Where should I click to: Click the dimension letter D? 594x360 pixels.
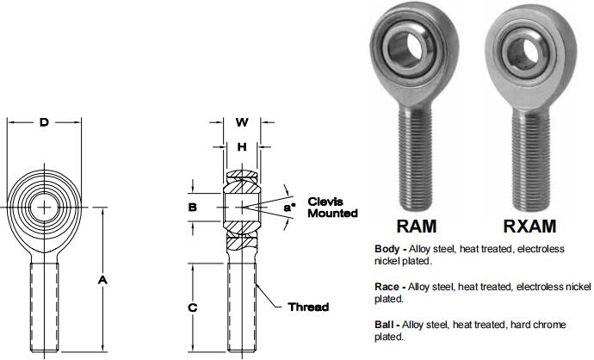click(x=44, y=122)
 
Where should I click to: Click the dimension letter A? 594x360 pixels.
click(x=102, y=281)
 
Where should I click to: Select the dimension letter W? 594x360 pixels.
click(x=242, y=122)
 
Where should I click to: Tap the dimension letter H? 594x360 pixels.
click(x=242, y=146)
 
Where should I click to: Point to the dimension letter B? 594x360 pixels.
click(x=193, y=208)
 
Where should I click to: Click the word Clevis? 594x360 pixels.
click(x=325, y=201)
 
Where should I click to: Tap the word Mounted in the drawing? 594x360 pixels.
click(x=331, y=213)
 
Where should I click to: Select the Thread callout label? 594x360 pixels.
click(x=307, y=307)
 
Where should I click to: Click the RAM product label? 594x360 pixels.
click(x=416, y=227)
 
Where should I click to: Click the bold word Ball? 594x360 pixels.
click(x=385, y=325)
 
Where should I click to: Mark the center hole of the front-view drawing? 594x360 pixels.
click(x=44, y=207)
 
